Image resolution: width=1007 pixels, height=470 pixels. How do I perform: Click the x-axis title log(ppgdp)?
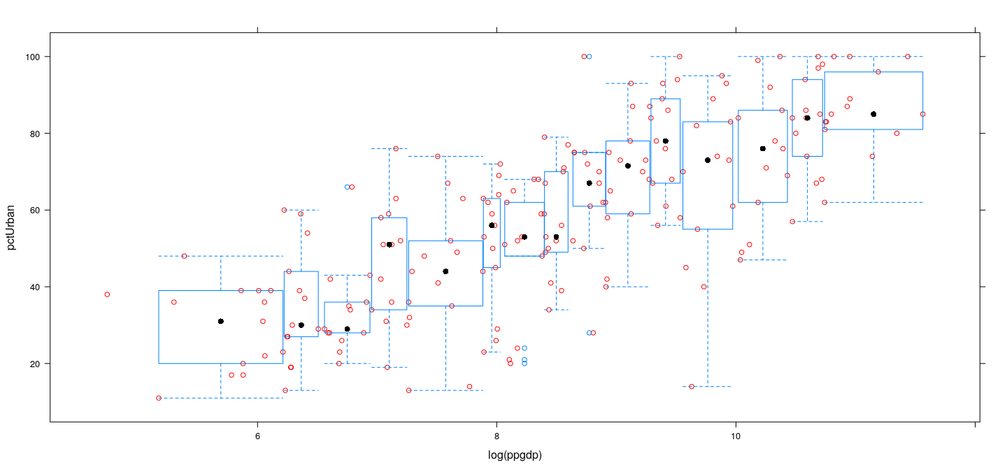click(515, 455)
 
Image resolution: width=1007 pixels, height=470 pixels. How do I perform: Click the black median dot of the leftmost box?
click(221, 321)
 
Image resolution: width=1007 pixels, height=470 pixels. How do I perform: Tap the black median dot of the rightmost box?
click(873, 114)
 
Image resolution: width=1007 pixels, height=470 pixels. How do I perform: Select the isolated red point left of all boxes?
click(107, 294)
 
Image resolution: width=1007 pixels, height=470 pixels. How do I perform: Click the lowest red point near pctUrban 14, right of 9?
click(692, 386)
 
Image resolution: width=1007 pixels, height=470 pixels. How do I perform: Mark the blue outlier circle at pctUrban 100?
click(590, 57)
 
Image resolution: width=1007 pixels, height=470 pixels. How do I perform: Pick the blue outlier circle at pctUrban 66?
click(347, 187)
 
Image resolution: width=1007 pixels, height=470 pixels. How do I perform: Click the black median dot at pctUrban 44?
click(445, 271)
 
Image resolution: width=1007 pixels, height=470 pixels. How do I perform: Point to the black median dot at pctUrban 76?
click(763, 148)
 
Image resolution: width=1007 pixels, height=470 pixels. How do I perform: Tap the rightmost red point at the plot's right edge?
click(923, 114)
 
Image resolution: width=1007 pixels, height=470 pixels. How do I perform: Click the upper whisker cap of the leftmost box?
click(221, 256)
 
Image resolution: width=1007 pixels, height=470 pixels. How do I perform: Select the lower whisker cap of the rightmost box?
click(873, 202)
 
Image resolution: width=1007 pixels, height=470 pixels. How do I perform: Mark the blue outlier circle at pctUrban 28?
click(590, 333)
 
